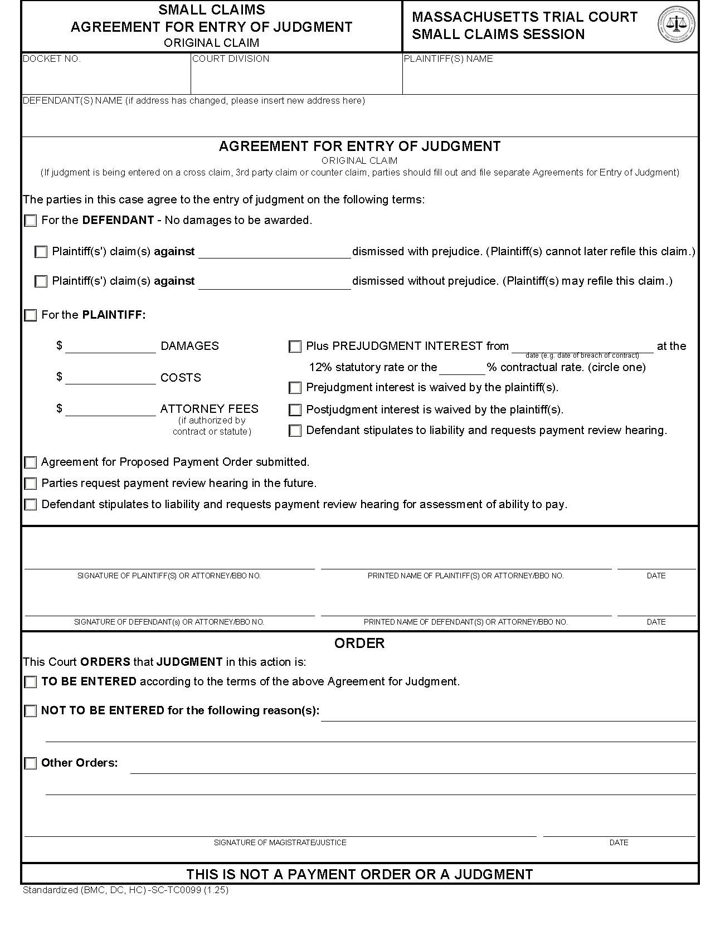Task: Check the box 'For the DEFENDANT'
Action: (31, 221)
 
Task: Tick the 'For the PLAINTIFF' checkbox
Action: (31, 315)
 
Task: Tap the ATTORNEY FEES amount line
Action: (110, 411)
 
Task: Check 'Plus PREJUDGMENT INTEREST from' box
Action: (295, 347)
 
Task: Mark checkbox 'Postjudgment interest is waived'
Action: (295, 410)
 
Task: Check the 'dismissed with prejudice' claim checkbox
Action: (41, 252)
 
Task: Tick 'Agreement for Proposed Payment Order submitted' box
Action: (31, 462)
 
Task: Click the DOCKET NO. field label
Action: (52, 59)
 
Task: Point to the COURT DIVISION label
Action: (231, 59)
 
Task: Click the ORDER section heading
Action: (359, 643)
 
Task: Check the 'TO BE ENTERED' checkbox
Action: (31, 682)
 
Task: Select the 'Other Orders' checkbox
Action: (31, 763)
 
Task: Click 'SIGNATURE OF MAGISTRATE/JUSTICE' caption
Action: (280, 842)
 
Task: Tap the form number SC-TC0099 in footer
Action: (174, 890)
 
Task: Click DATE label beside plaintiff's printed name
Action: (656, 576)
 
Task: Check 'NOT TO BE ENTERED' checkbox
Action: (31, 711)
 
